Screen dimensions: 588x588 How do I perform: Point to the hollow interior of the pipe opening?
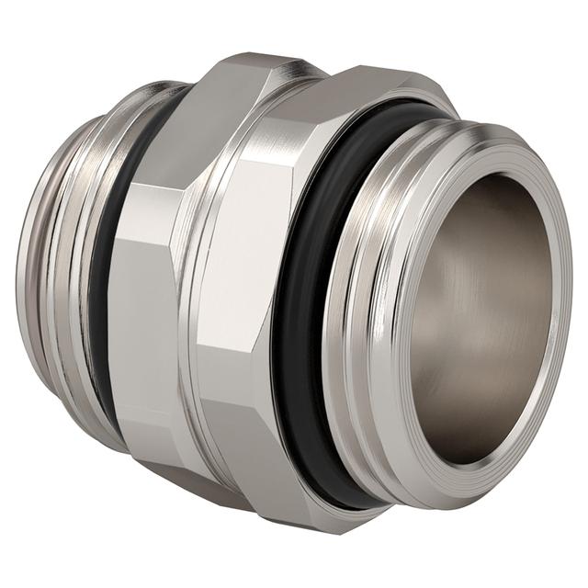[x=478, y=303]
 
